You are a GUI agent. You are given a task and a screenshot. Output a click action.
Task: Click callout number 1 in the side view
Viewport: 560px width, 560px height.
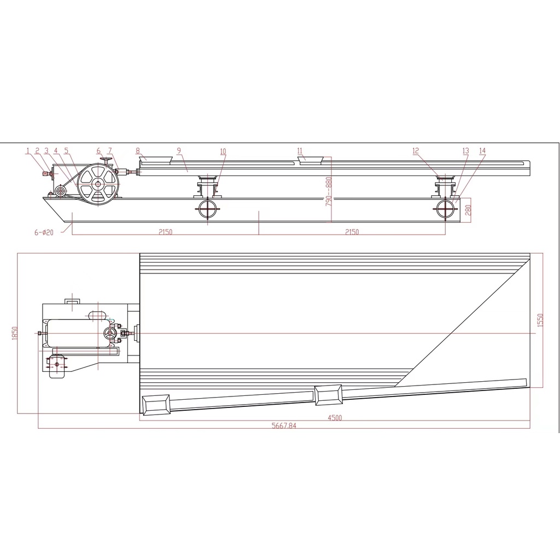tap(27, 151)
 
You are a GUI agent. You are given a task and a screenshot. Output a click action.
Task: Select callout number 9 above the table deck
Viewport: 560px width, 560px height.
tap(179, 151)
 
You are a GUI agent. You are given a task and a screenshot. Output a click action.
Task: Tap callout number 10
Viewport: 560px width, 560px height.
tap(223, 151)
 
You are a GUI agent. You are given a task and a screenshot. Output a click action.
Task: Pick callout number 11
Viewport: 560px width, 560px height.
tap(300, 151)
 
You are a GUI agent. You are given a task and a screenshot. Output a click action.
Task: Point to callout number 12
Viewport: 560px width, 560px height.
tap(416, 151)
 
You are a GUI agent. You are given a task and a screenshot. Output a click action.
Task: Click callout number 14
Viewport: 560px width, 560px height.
tap(482, 151)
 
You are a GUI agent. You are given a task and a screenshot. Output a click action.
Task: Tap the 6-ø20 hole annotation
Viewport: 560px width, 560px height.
tap(44, 232)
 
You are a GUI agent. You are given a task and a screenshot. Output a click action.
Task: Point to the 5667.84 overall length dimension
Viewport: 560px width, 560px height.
tap(284, 425)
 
